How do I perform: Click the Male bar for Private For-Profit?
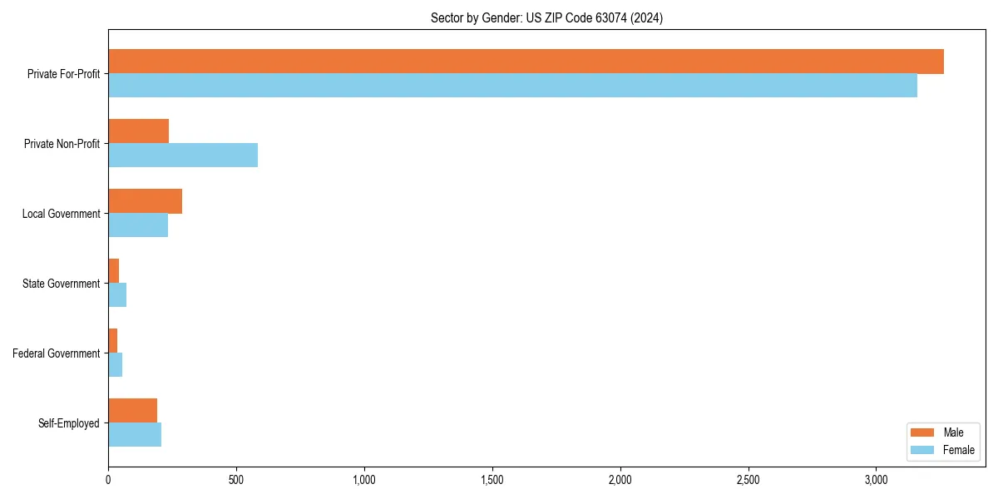point(526,62)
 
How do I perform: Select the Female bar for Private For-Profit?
point(512,86)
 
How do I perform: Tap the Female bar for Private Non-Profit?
point(183,156)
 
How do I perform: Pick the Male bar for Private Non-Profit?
point(139,131)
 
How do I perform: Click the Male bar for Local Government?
point(146,201)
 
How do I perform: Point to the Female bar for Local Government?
point(138,225)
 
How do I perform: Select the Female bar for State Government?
point(117,295)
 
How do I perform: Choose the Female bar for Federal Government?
point(116,365)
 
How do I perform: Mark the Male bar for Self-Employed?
point(133,411)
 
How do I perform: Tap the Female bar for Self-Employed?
point(135,435)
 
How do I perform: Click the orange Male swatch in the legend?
point(923,432)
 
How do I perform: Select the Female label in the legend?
point(958,450)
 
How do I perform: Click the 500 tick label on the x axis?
point(236,480)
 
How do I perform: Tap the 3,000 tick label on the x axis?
point(876,480)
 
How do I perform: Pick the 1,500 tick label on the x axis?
point(492,480)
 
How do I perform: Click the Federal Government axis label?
point(57,353)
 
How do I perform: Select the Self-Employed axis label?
point(69,423)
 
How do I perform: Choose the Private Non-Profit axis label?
point(62,144)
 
